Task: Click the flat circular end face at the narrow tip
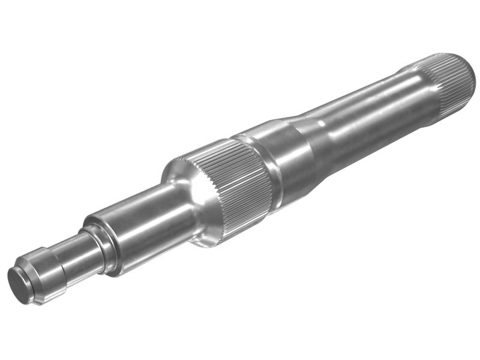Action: (19, 286)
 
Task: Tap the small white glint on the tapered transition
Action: (322, 124)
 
